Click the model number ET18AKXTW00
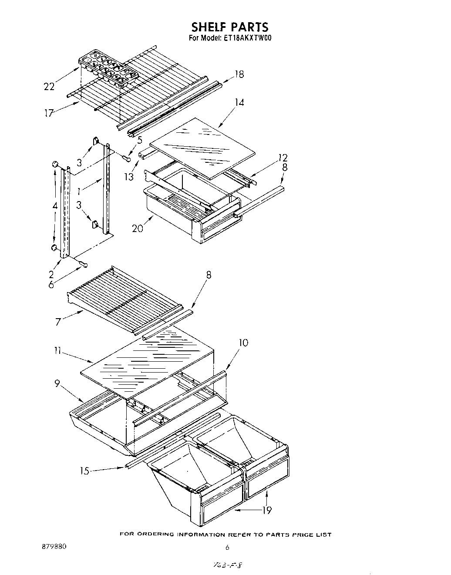[249, 38]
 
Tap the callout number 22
[49, 87]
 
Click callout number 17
[48, 113]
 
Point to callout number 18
[239, 74]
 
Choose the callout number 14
[239, 102]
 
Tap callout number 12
[283, 158]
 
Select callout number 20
[138, 228]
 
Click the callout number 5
[139, 140]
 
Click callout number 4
[54, 206]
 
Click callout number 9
[57, 384]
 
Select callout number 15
[85, 471]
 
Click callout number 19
[266, 510]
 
